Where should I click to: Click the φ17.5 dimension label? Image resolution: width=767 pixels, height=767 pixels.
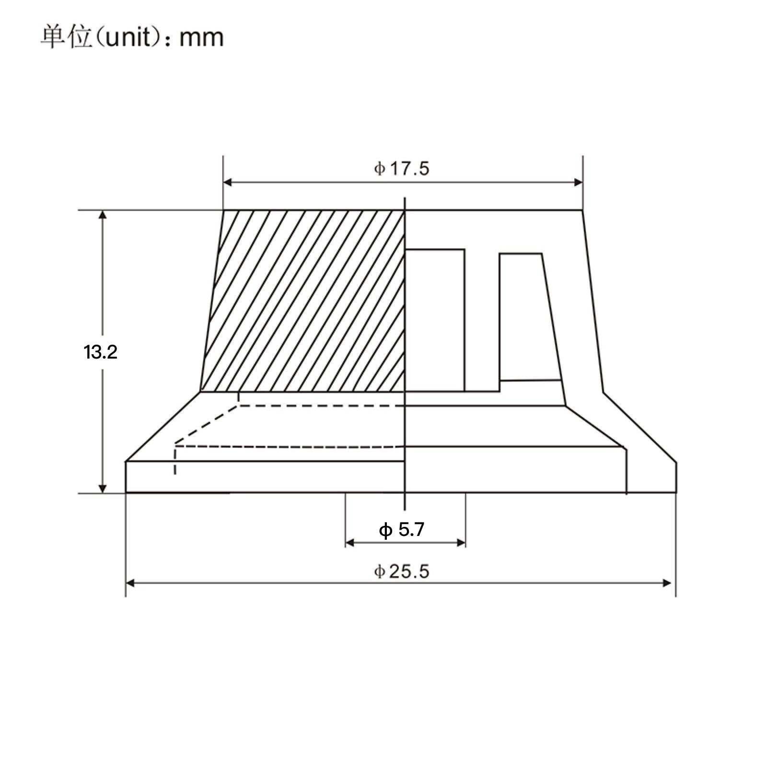[x=402, y=169]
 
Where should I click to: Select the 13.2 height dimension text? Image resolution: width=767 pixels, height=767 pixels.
[x=100, y=353]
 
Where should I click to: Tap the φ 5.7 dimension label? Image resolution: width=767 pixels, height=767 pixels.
[x=402, y=530]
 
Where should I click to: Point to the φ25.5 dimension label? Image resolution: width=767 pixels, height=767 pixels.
[x=402, y=571]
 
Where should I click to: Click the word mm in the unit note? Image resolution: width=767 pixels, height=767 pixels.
[x=201, y=38]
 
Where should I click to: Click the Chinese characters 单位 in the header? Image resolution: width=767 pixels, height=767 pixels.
[x=66, y=37]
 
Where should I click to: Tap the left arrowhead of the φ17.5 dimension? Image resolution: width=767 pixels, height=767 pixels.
[x=228, y=182]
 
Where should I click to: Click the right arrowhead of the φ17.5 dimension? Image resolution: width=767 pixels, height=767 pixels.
[x=578, y=182]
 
